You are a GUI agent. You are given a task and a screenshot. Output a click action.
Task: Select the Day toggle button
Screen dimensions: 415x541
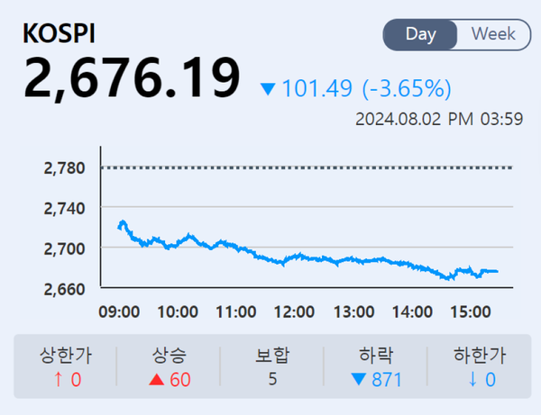click(x=421, y=34)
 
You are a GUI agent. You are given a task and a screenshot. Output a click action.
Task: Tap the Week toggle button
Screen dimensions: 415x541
click(x=493, y=34)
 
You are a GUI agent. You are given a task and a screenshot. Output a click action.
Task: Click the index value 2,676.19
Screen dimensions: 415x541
click(x=132, y=78)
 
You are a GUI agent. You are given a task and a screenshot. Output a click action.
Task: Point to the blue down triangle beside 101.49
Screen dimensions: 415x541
click(x=268, y=89)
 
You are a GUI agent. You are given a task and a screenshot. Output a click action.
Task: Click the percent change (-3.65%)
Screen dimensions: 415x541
click(x=407, y=89)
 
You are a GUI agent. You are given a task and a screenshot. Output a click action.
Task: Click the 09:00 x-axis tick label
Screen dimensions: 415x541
click(x=119, y=311)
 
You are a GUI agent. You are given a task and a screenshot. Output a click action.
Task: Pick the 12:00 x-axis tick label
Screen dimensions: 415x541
click(x=294, y=311)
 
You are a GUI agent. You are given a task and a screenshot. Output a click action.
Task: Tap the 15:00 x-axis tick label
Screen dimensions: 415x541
click(x=469, y=311)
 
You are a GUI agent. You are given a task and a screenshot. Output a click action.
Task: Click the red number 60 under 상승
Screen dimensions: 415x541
click(x=180, y=379)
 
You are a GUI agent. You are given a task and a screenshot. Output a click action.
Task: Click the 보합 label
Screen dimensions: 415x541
click(x=272, y=355)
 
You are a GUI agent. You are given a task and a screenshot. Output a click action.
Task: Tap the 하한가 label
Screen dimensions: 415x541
click(x=476, y=355)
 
